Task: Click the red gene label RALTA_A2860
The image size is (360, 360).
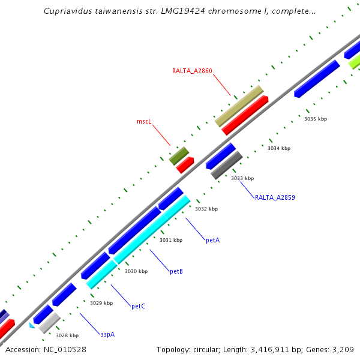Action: pos(192,71)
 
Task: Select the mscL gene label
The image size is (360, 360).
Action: pos(143,121)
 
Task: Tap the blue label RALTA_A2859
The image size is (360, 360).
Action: pos(275,197)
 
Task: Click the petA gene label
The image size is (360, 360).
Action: pos(212,240)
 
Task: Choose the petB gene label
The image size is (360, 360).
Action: pos(176,271)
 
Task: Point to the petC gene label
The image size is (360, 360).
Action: pos(138,306)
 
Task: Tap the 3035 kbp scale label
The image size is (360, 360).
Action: pos(316,119)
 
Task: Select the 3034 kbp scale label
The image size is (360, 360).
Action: pos(279,148)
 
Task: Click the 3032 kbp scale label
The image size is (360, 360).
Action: pos(206,209)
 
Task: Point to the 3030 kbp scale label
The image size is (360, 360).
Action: pos(136,271)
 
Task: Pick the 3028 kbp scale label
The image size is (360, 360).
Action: pos(67,335)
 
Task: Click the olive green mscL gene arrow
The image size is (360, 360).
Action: pos(179,156)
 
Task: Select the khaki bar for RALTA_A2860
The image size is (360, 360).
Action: pos(239,106)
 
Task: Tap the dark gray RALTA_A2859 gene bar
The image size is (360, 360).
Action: pos(227,165)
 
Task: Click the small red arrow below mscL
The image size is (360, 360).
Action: pos(185,165)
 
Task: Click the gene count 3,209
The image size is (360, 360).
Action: pos(341,349)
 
